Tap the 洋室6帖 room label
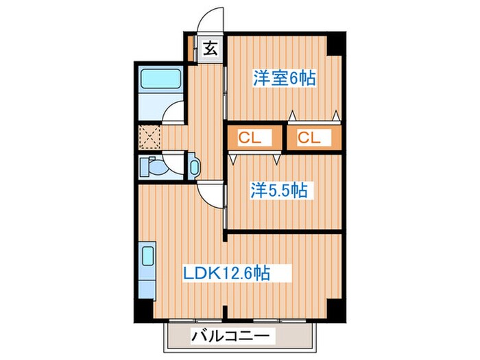284,78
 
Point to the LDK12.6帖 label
226,274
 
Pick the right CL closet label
310,137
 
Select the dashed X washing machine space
150,136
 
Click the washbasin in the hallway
193,167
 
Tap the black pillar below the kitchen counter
141,312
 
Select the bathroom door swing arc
176,112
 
